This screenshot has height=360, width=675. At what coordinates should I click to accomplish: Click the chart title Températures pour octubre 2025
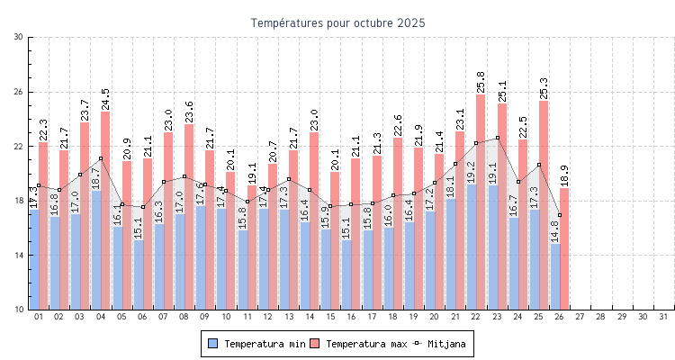click(x=337, y=22)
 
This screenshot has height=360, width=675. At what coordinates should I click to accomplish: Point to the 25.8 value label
click(x=481, y=82)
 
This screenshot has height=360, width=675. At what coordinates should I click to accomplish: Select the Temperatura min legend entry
click(x=256, y=344)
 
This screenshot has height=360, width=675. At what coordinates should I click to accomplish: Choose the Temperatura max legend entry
click(x=359, y=344)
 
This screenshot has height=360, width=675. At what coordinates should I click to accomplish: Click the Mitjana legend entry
click(x=440, y=344)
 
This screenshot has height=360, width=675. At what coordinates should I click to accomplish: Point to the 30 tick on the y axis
click(x=19, y=37)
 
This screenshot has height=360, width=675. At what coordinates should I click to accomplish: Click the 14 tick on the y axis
click(x=19, y=255)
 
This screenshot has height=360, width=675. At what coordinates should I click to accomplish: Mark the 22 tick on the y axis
click(x=19, y=146)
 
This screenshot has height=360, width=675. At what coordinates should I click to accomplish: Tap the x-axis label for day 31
click(x=664, y=317)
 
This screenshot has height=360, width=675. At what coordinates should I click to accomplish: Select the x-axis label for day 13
click(x=289, y=317)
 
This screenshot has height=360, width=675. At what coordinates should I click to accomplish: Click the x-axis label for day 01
click(x=39, y=317)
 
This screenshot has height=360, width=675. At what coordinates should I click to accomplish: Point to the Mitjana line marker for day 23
click(x=498, y=138)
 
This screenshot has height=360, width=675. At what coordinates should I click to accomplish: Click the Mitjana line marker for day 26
click(x=560, y=215)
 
